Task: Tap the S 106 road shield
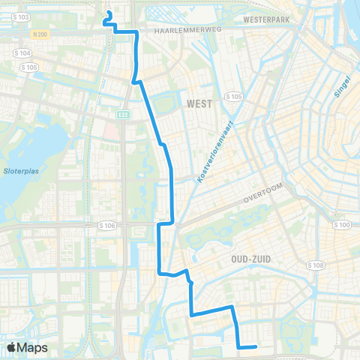click(106, 224)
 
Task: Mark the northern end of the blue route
click(109, 13)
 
